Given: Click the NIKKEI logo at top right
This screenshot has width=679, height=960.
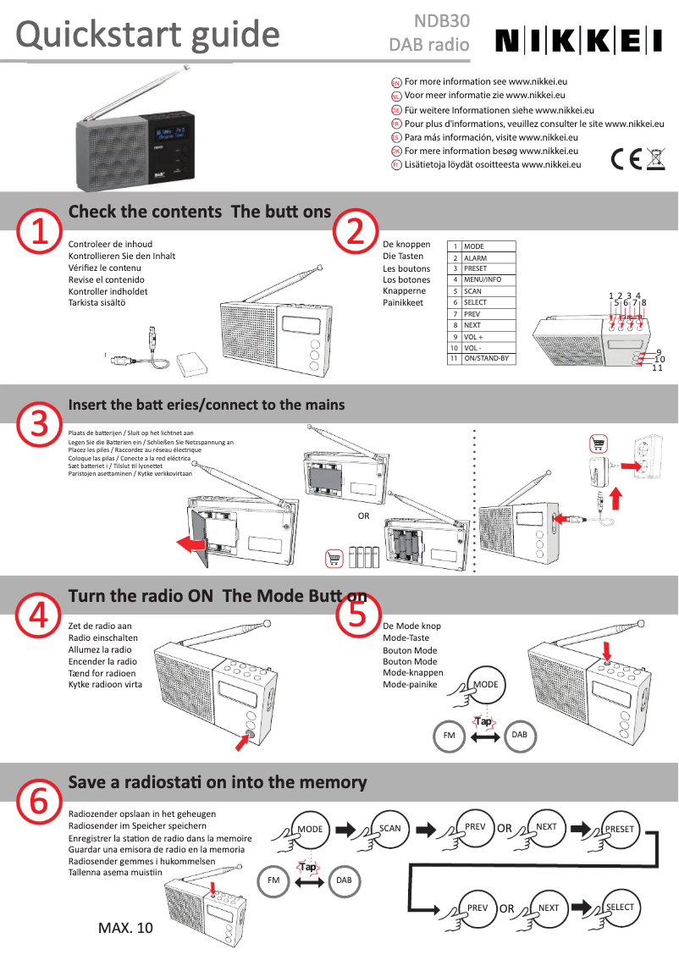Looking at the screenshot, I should pyautogui.click(x=578, y=40).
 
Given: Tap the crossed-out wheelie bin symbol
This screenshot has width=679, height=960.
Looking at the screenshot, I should pyautogui.click(x=655, y=159).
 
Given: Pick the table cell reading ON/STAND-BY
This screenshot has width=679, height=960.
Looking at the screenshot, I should pyautogui.click(x=488, y=358).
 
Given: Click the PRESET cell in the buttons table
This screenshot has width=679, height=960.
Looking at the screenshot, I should pyautogui.click(x=488, y=268).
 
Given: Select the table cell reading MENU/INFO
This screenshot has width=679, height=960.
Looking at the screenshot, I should pyautogui.click(x=488, y=279).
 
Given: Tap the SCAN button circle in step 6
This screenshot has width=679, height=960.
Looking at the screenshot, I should pyautogui.click(x=390, y=828).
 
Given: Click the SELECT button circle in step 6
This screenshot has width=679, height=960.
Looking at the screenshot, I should pyautogui.click(x=620, y=907).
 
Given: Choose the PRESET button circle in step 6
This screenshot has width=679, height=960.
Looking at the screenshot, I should pyautogui.click(x=620, y=829).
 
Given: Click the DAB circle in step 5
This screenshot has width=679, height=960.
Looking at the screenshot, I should pyautogui.click(x=520, y=734).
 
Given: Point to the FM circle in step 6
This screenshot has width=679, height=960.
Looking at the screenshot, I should pyautogui.click(x=273, y=880).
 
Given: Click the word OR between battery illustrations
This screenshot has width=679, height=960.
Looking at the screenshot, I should pyautogui.click(x=363, y=516).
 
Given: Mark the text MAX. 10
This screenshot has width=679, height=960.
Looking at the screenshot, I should pyautogui.click(x=126, y=929).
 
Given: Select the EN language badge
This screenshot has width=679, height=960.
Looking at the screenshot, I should pyautogui.click(x=395, y=82).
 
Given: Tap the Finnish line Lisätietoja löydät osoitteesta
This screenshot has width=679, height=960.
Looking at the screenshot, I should pyautogui.click(x=492, y=164).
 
